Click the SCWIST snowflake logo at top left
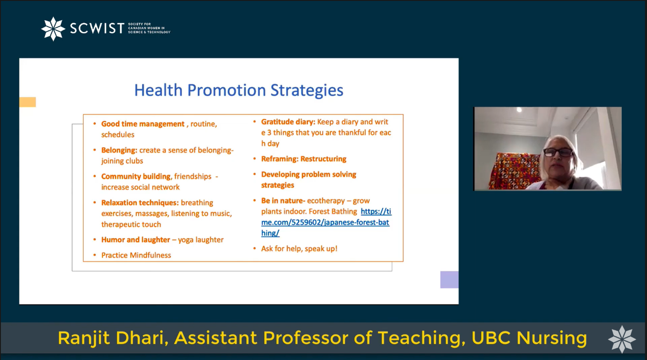click(53, 29)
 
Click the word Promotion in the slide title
click(226, 90)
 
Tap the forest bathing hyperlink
click(326, 222)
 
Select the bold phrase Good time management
click(143, 124)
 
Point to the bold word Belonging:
click(119, 150)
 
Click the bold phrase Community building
click(136, 177)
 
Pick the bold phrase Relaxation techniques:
click(140, 203)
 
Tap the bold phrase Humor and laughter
click(136, 239)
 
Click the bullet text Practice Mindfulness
click(136, 255)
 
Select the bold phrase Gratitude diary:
click(288, 122)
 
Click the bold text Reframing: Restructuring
click(304, 159)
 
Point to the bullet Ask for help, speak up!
click(299, 248)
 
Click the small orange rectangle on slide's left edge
click(28, 102)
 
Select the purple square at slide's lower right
click(449, 280)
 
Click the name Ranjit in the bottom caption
click(84, 338)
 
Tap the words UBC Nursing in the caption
click(529, 338)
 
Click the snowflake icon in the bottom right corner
click(622, 340)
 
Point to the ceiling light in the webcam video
click(519, 110)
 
